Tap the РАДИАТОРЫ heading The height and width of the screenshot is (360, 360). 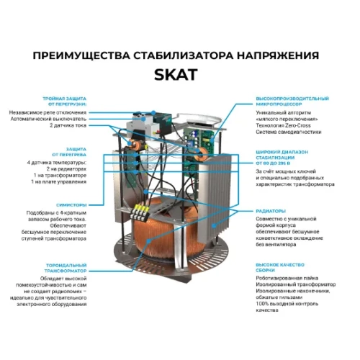pyautogui.click(x=273, y=210)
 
